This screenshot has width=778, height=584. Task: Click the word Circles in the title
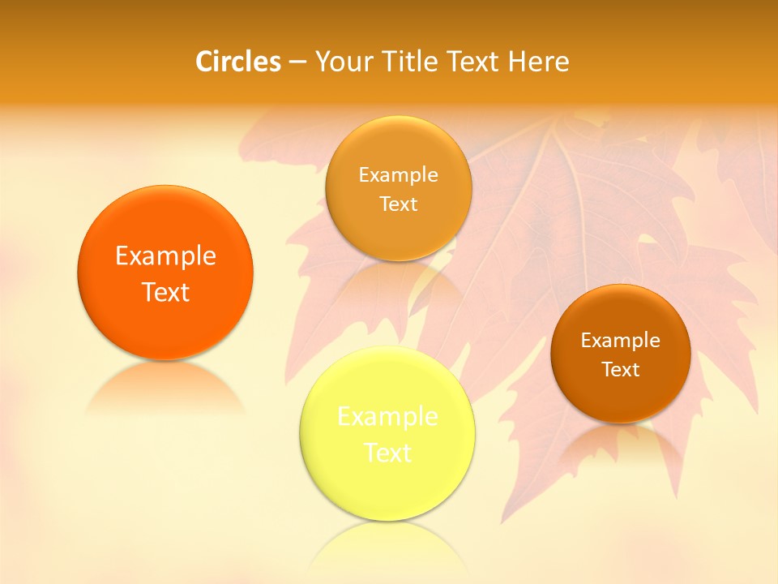pos(238,62)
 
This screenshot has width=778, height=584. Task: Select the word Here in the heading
pos(539,62)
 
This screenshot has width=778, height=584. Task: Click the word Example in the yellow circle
pos(387,417)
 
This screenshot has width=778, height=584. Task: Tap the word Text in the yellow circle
pos(387,453)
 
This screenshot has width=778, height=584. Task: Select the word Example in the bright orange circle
pos(165,256)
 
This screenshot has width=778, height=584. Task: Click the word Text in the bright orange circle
pos(165,292)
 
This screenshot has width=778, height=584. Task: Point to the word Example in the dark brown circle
pos(621,341)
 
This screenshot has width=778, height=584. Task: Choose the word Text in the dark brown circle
pos(621,370)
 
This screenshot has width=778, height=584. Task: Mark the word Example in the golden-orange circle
pos(398,175)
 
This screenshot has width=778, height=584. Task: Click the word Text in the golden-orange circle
pos(398,204)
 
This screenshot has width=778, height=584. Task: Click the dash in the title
pos(297,62)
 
